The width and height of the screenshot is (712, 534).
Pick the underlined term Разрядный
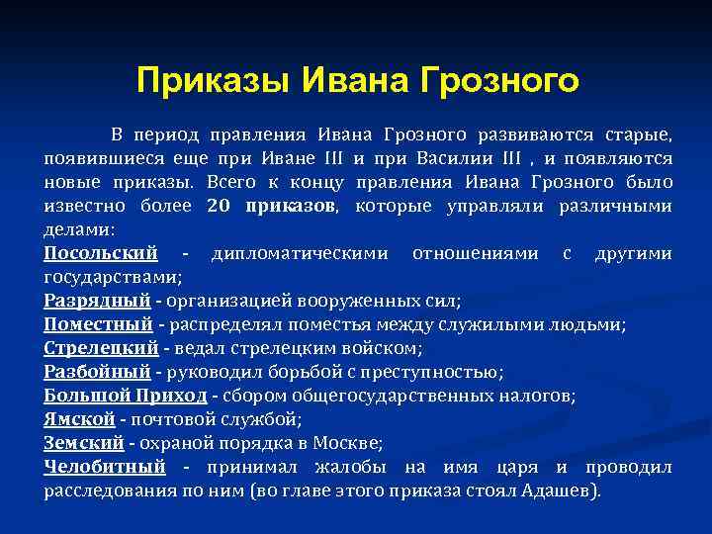97,301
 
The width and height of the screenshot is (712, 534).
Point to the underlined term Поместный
98,324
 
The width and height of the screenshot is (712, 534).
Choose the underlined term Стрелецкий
101,348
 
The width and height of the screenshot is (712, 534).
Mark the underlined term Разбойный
97,372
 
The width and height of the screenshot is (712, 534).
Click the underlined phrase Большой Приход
126,396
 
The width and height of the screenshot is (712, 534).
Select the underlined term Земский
84,443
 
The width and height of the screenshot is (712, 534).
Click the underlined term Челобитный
104,467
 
